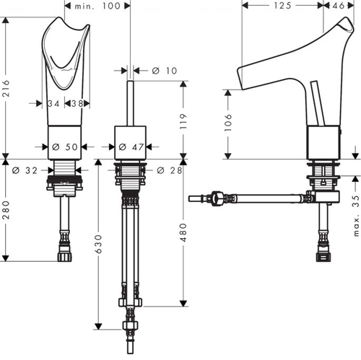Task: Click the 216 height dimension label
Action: [6, 89]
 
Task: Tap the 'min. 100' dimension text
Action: [97, 6]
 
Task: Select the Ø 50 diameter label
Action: [65, 146]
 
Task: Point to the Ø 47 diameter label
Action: [131, 146]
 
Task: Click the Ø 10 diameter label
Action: [165, 71]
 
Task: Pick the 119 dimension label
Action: [183, 121]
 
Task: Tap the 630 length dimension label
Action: [98, 244]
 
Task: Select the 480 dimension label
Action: [183, 232]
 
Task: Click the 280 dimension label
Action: [6, 210]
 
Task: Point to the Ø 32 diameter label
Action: [25, 170]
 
